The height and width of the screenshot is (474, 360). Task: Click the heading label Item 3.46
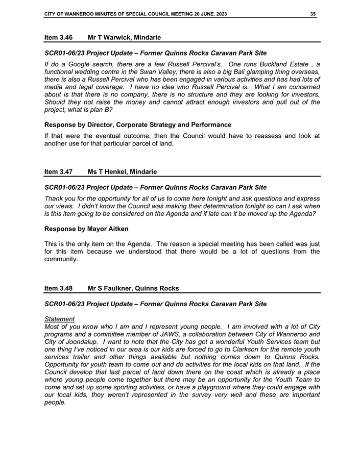[x=58, y=37]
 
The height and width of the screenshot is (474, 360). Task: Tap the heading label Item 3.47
[x=58, y=172]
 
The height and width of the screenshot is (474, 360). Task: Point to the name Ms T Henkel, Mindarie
[x=123, y=172]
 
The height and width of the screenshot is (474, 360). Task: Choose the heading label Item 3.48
[x=58, y=288]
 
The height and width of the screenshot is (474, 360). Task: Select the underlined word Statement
[x=60, y=319]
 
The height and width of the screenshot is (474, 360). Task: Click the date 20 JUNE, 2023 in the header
[x=203, y=14]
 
